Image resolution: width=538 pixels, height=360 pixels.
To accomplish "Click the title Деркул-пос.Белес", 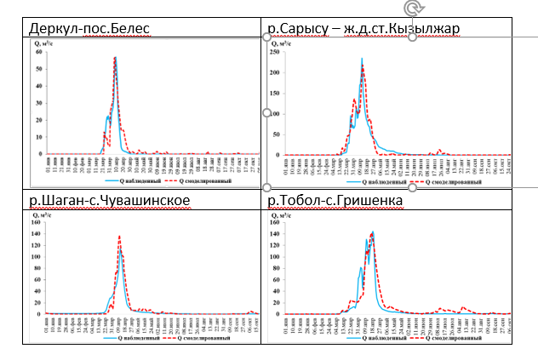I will [x=89, y=30].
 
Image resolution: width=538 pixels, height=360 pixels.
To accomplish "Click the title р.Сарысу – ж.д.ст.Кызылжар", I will [x=363, y=30].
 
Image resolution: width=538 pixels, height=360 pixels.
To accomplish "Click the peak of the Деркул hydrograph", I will [x=115, y=58].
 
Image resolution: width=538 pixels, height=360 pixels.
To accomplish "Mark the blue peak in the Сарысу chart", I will [x=362, y=59].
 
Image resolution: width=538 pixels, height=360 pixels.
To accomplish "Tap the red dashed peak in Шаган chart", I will [x=119, y=237].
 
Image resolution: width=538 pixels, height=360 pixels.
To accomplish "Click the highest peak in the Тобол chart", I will [x=373, y=231].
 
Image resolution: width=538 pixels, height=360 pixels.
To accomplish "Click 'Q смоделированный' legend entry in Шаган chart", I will [x=194, y=338].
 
